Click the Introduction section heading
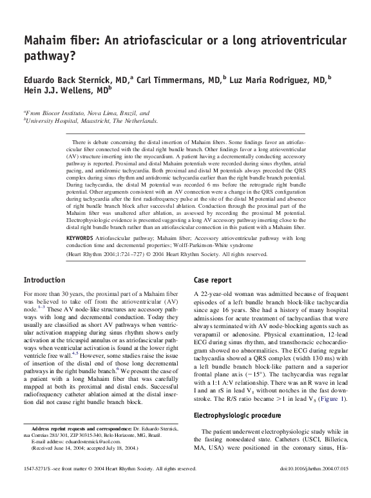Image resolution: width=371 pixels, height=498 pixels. (x=44, y=281)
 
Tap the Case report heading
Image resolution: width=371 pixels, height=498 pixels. (x=216, y=281)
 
